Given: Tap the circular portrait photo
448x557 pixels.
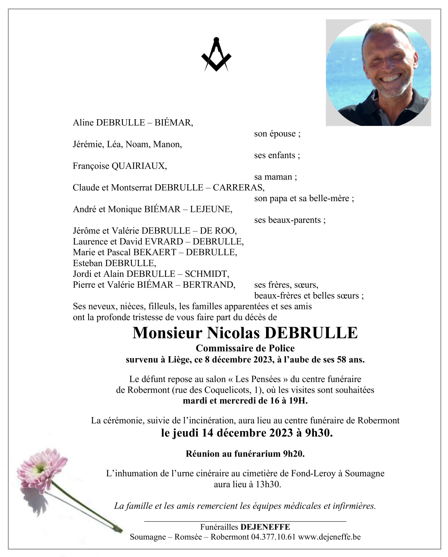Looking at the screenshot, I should (x=378, y=73).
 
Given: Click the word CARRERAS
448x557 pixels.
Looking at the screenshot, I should (x=238, y=188).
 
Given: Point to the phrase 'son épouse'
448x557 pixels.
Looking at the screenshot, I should (x=277, y=134).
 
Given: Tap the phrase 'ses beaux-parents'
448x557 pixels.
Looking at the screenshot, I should (x=289, y=220).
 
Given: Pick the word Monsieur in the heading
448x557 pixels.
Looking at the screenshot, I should (x=167, y=333).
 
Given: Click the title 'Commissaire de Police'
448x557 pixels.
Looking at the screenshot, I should (x=245, y=348).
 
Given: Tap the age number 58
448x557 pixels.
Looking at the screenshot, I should (x=341, y=360).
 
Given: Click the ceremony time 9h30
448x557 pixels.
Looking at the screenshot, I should (x=318, y=433).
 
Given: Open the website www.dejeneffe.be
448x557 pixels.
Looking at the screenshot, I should (x=329, y=537).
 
